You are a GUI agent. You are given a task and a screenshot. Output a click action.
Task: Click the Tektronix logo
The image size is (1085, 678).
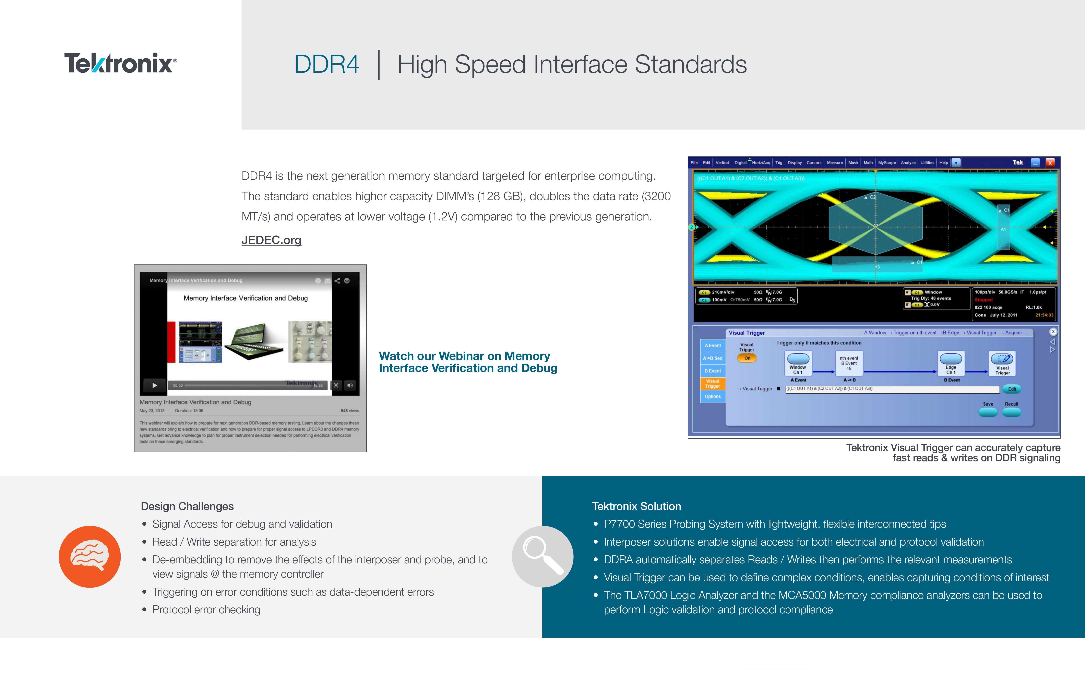coord(120,63)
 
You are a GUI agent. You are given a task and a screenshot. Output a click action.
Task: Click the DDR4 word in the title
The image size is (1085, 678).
coord(326,64)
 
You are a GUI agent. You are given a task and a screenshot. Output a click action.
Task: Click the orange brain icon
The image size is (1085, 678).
coord(90,556)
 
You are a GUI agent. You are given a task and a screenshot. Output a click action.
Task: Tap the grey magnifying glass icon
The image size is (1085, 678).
coord(542,556)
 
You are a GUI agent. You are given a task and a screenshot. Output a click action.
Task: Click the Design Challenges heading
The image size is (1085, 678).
coord(187,506)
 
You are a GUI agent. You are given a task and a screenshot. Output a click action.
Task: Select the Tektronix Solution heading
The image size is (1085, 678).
coord(636,506)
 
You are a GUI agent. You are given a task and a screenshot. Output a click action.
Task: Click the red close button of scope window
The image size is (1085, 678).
coord(1050,163)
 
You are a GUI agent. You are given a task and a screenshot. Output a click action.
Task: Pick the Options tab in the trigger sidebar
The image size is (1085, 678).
coord(712,396)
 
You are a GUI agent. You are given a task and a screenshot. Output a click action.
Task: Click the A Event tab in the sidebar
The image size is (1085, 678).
coord(712,345)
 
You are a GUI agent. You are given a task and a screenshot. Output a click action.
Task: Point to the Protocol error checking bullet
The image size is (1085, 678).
coord(206,610)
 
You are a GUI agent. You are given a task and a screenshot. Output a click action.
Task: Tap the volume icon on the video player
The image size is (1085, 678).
coord(350,385)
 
